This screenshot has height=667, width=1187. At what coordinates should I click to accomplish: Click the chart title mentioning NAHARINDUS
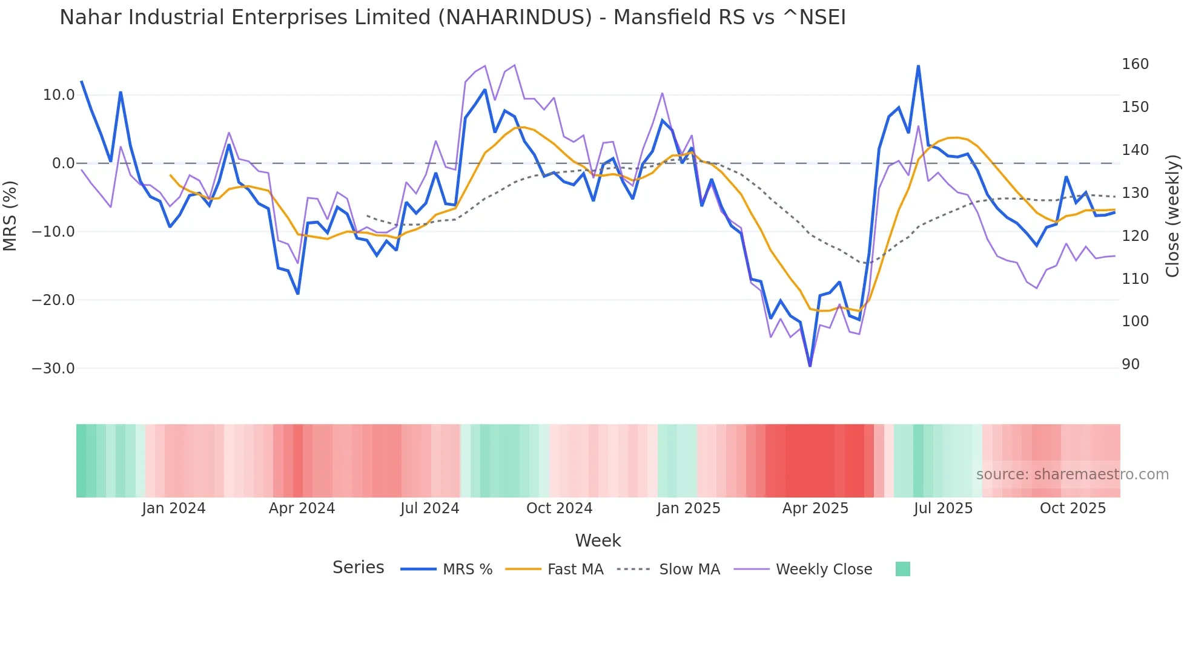tap(452, 18)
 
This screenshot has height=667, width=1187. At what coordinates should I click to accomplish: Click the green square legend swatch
tap(902, 569)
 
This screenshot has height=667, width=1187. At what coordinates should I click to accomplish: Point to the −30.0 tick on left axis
tap(53, 369)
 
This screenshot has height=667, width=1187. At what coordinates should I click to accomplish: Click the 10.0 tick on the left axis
tap(59, 95)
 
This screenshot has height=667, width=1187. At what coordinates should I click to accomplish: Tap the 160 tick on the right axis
tap(1135, 64)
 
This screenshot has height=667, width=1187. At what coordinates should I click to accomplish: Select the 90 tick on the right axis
tap(1130, 364)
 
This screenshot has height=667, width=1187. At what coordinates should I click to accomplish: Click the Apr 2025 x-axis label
tap(815, 508)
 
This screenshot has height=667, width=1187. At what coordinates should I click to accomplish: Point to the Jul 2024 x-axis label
tap(429, 508)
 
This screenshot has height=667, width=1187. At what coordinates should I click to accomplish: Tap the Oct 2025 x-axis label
tap(1073, 508)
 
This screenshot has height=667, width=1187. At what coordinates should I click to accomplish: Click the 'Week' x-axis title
tap(598, 540)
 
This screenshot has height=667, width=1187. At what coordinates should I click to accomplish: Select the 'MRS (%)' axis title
tap(10, 215)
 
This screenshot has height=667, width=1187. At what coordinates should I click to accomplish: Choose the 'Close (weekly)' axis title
tap(1172, 216)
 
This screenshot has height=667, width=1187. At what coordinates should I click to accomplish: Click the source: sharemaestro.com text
tap(1072, 475)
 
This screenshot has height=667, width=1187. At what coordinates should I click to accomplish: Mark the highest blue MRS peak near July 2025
tap(918, 66)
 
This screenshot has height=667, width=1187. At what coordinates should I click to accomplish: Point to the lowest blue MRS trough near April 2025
tap(810, 366)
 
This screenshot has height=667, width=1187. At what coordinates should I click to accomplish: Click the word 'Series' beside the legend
tap(358, 568)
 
